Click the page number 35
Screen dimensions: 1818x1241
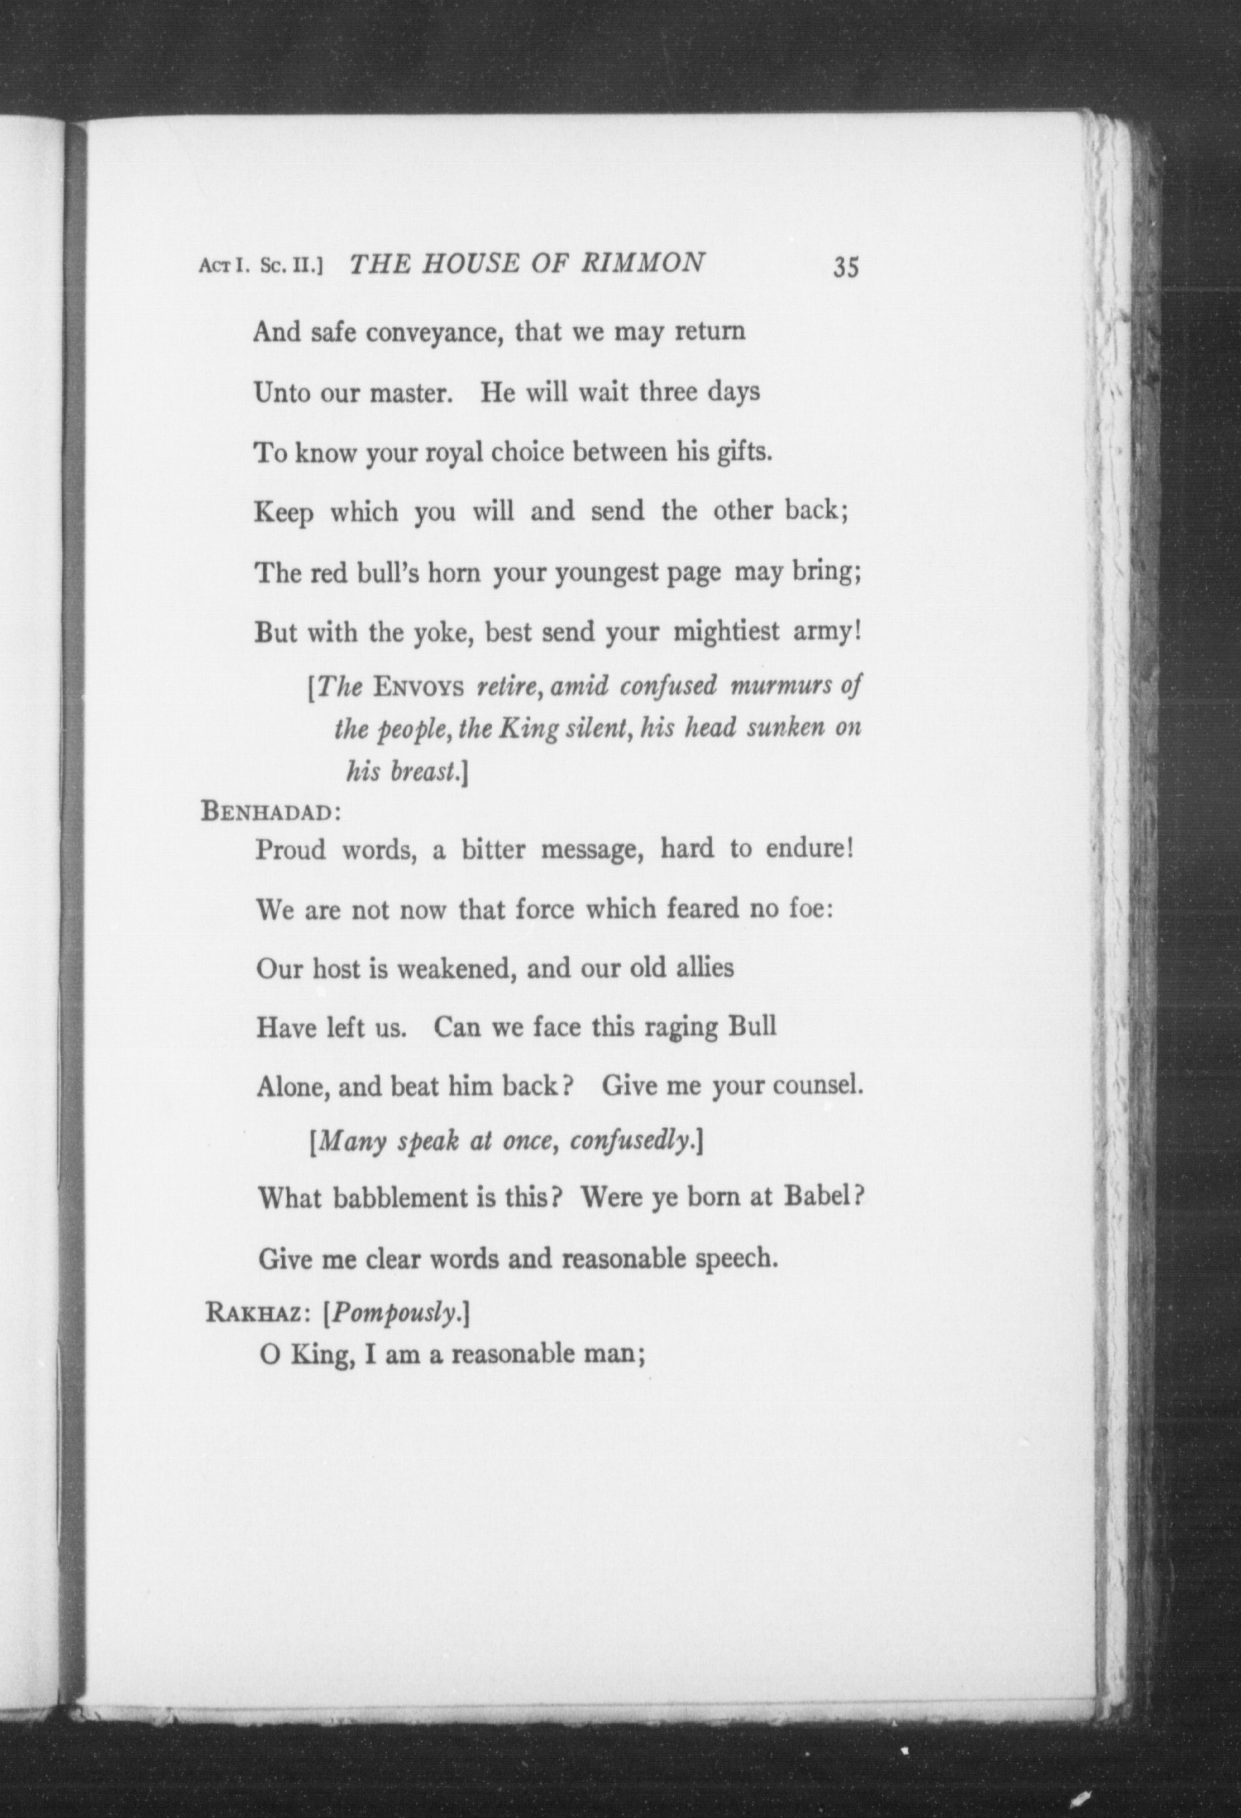(846, 267)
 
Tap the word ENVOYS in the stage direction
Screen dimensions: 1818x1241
(420, 688)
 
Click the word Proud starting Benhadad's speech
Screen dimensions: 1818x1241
(291, 849)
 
